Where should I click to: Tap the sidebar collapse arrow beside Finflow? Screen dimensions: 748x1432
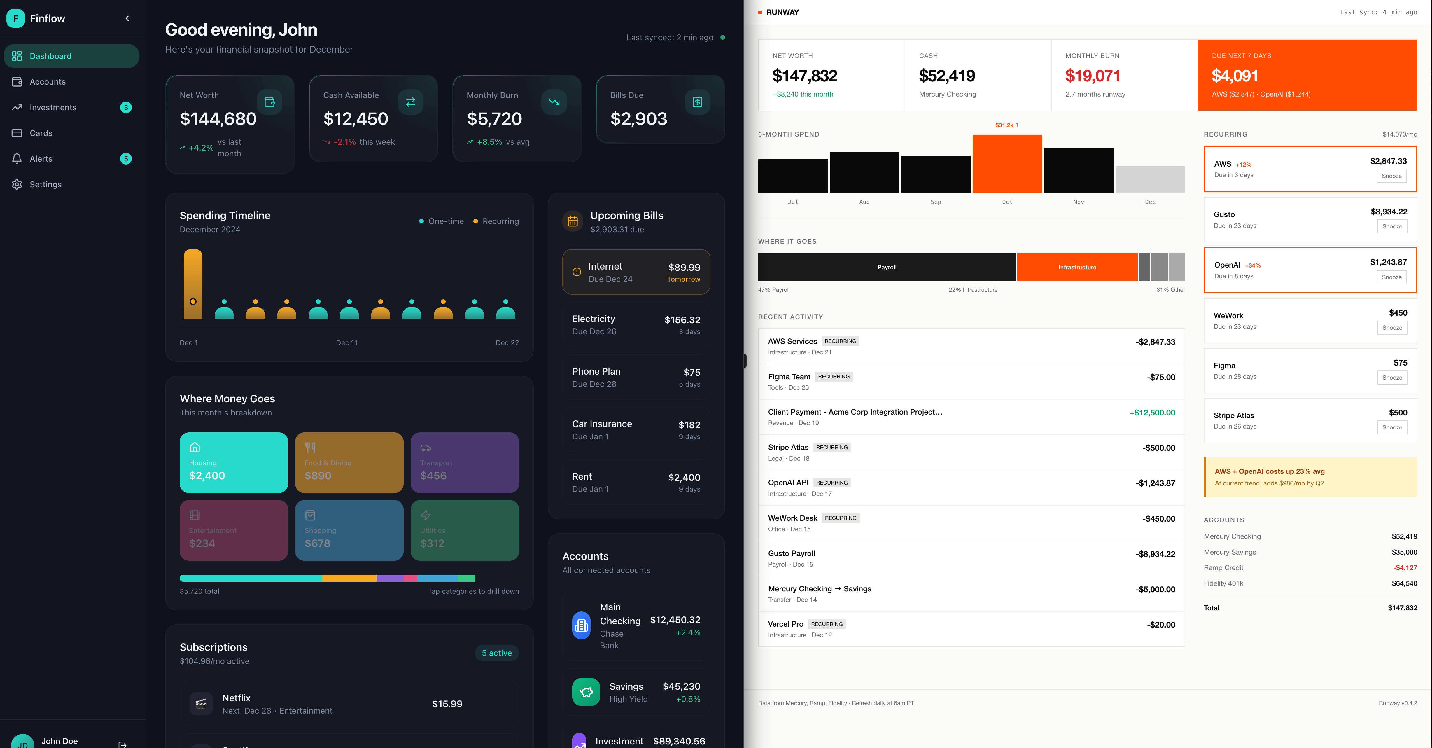(127, 18)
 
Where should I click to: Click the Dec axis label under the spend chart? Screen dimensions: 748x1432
(1150, 202)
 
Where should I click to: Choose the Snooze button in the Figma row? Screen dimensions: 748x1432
(1391, 378)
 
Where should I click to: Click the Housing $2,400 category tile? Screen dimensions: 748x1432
(234, 462)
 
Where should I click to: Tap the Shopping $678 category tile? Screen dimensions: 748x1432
(349, 530)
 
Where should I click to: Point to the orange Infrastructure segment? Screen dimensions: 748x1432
(1077, 267)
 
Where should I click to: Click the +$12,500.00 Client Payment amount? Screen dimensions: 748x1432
(1152, 413)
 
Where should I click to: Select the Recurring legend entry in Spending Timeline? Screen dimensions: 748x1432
(496, 221)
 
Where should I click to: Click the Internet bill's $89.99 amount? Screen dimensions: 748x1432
(684, 268)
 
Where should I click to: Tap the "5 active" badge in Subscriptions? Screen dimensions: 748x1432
(496, 653)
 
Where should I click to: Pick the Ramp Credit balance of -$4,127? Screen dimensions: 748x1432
(1405, 568)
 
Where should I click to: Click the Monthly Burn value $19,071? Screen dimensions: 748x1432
(1092, 76)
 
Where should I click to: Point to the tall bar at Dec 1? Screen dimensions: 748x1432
(193, 284)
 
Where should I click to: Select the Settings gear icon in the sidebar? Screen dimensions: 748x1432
(17, 185)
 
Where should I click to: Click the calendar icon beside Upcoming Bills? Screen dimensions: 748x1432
(573, 221)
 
